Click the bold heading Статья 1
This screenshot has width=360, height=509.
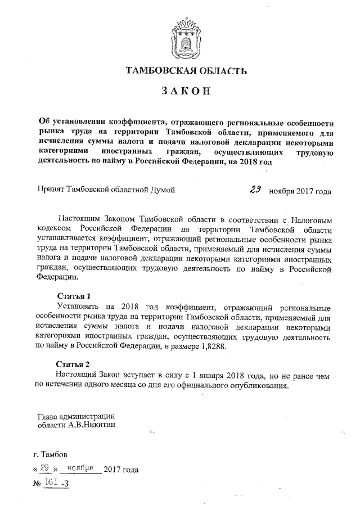click(74, 296)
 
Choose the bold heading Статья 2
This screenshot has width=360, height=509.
click(74, 363)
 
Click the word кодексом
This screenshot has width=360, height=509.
click(53, 229)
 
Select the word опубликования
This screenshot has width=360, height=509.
click(262, 386)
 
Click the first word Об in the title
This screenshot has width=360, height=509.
click(44, 121)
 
